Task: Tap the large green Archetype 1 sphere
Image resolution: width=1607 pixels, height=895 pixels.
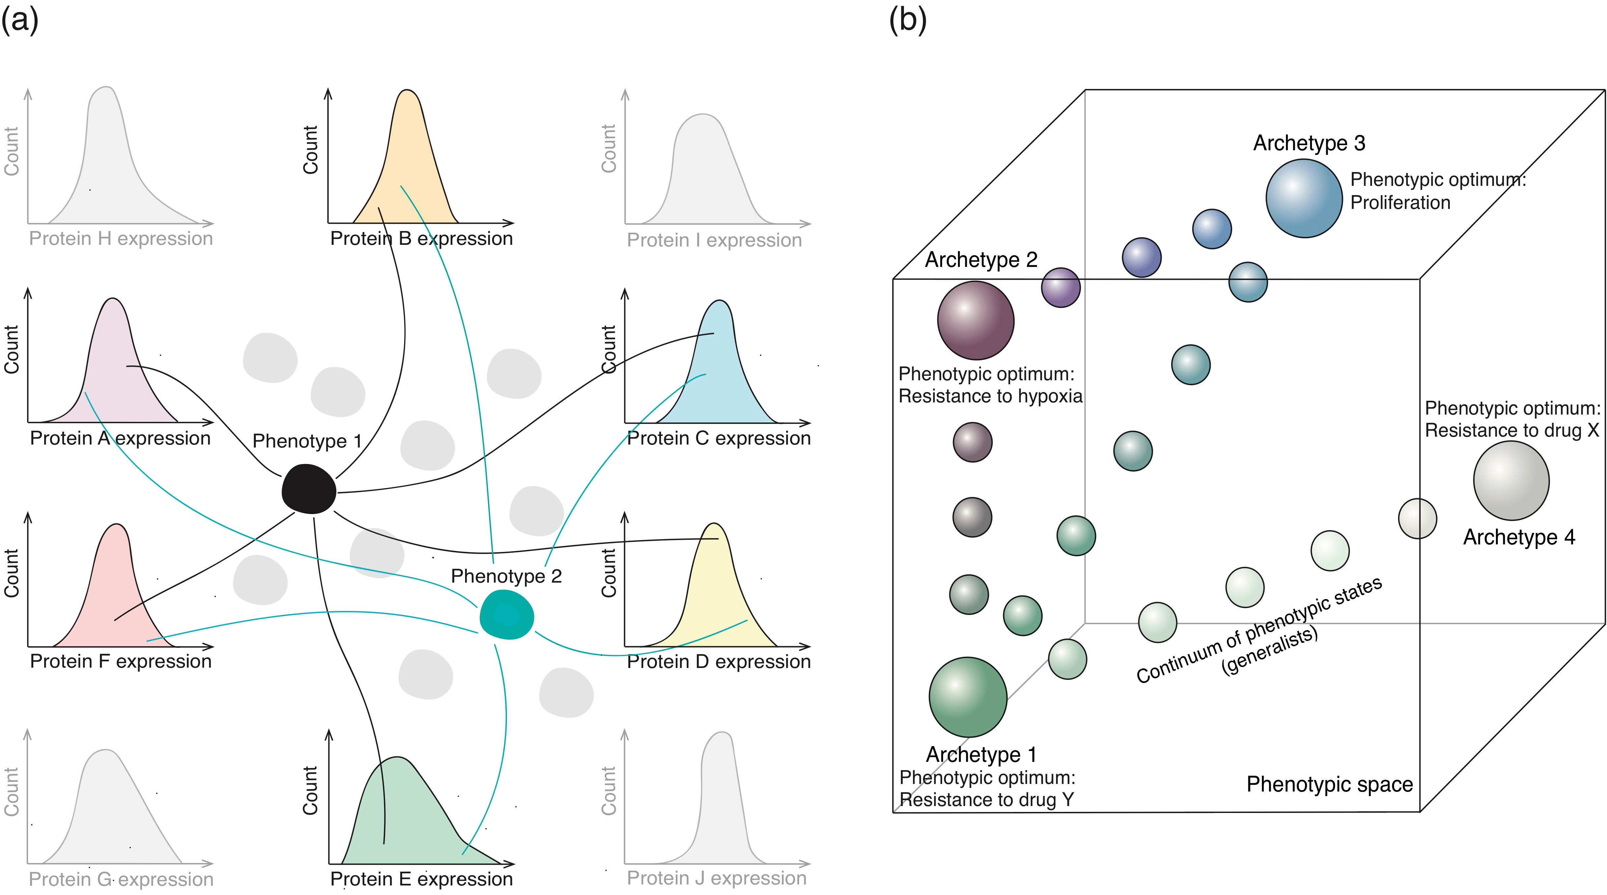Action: coord(967,697)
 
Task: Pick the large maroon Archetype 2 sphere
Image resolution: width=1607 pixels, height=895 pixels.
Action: coord(976,321)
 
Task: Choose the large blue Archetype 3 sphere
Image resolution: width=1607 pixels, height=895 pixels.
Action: coord(1304,198)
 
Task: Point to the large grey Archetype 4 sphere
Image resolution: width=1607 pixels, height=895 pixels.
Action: coord(1511,481)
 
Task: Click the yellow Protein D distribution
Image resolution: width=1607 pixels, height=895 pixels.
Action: coord(717,599)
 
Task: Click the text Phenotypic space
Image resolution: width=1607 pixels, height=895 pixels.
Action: coord(1329,784)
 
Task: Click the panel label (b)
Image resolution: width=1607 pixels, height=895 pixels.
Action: coord(908,20)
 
